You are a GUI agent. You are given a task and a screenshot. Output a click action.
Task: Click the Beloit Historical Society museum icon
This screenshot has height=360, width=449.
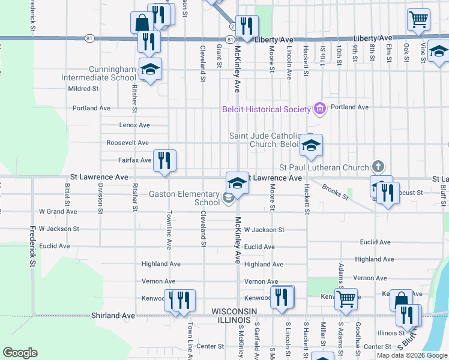coord(319,109)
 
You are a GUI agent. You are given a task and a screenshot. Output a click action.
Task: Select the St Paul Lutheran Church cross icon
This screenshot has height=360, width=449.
coord(378,166)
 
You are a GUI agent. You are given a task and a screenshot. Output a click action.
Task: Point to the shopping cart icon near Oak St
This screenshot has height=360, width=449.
coord(418,19)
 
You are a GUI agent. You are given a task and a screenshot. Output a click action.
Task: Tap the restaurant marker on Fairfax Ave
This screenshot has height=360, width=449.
coord(164,160)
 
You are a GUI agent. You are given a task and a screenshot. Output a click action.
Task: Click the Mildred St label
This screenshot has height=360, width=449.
coord(83,89)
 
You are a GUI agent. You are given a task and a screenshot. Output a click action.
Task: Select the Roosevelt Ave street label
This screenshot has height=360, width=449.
coord(127,143)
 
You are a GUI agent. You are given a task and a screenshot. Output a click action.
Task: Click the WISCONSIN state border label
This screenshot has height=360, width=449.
coord(235,311)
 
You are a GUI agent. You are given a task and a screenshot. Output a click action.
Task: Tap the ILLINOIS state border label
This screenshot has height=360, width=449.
coord(235,320)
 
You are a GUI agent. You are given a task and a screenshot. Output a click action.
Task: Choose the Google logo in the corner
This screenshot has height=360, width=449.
coord(20,353)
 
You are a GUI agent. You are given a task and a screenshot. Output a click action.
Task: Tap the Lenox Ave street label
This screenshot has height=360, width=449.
coord(134,125)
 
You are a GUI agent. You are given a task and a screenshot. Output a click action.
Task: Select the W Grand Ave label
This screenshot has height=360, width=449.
coord(58,211)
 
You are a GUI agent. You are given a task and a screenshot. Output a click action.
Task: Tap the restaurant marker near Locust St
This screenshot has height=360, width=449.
coord(388,193)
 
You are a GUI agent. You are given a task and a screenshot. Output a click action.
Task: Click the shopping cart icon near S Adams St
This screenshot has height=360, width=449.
coord(346,298)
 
